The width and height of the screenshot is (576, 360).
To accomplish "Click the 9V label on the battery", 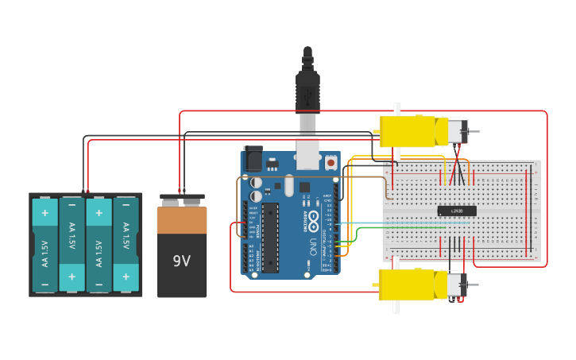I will pos(181,261).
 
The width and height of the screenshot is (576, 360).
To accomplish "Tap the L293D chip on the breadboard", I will pos(457,211).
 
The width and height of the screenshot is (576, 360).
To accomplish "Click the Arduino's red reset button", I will pos(331,162).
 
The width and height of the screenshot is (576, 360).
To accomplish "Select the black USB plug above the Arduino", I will pos(307,87).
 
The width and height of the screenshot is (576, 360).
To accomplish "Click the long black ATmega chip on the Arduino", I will pos(270,236).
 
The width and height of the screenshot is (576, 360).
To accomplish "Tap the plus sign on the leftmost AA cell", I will pos(44,213).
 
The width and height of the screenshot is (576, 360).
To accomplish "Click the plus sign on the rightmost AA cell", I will pos(126,276).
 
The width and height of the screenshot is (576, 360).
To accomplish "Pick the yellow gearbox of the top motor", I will pos(408,131).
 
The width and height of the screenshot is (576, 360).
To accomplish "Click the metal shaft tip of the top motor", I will pos(474,131).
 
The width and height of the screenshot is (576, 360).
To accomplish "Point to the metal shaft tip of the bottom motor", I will pos(474,285).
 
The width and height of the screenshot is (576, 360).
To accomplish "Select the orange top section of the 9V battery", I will pos(182,220).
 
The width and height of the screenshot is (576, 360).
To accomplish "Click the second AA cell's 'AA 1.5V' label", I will pos(72,235).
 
